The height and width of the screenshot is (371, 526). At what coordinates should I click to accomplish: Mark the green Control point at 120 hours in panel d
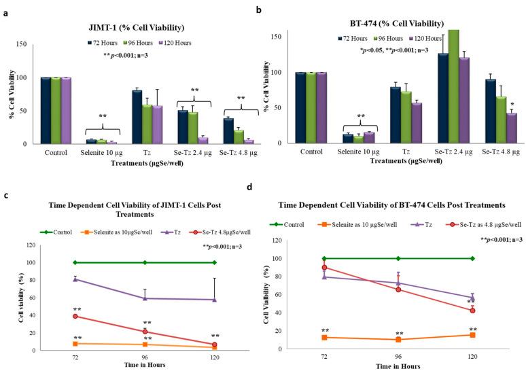[x=472, y=258]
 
